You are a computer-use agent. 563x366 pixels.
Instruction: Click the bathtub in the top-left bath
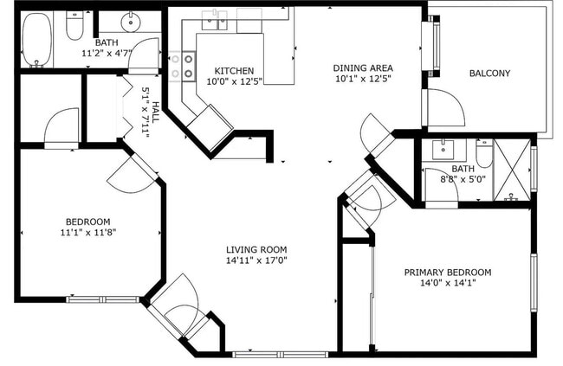(x=37, y=39)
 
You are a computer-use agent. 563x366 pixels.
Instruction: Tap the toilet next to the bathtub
(x=74, y=26)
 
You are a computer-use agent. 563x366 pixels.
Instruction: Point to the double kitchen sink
(x=215, y=19)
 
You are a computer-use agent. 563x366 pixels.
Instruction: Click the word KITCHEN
(x=234, y=70)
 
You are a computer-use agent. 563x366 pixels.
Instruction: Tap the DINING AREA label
(x=363, y=67)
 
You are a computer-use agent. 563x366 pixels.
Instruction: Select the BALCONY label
(x=489, y=74)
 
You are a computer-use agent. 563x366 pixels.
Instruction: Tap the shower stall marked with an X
(x=511, y=170)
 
